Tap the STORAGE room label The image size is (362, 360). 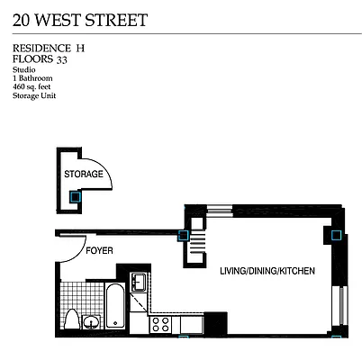coord(83,174)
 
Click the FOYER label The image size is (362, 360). coord(100,249)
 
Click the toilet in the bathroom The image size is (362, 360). coord(91,321)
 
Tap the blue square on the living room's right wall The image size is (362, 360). coord(336,237)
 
